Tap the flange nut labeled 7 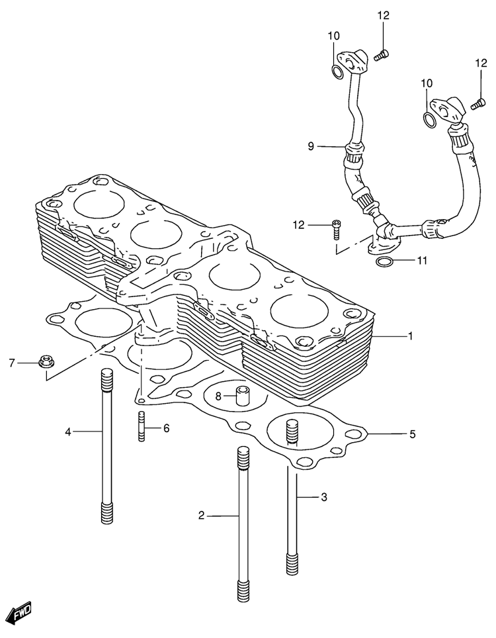46,361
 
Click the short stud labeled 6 142,426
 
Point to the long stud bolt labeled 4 106,445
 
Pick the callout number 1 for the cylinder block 411,336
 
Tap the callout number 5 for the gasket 412,435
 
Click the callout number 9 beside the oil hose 311,146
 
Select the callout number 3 323,497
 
